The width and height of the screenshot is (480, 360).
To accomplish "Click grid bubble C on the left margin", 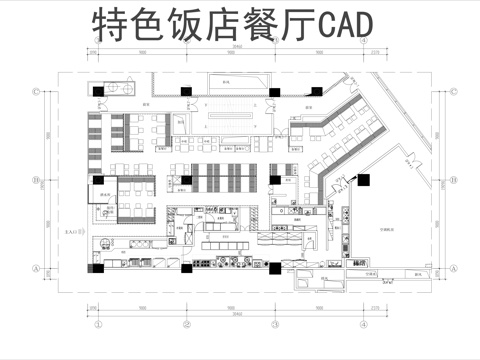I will (x=37, y=91).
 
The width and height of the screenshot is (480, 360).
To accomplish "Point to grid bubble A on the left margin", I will (x=37, y=268).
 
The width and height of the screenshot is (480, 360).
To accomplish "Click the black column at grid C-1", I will (x=98, y=90).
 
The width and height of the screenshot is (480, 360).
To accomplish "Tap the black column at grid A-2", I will (x=187, y=266).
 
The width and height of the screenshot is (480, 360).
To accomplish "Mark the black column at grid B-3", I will (x=275, y=179).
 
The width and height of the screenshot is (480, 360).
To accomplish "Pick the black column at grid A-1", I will (x=98, y=266).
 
